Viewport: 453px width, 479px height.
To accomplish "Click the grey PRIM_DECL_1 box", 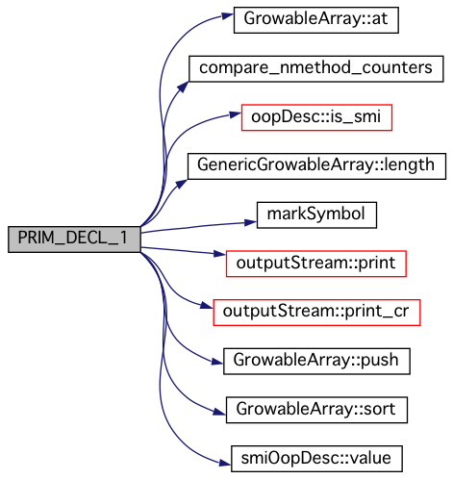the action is pos(74,239).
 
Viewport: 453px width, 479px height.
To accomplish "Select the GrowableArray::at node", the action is pos(316,20).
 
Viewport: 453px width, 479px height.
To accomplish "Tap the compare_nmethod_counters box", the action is pos(316,68).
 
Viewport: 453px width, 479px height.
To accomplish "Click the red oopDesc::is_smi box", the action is pos(316,117).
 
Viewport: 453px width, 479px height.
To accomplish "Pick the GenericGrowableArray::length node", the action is pos(316,166).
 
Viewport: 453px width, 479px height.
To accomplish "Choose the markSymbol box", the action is pos(316,214).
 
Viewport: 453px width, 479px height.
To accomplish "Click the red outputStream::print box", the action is pos(316,264).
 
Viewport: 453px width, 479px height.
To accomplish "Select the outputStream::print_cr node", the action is pos(316,313).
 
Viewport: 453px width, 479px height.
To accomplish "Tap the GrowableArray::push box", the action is pos(316,361).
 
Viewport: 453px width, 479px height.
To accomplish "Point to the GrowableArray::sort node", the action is pos(316,410).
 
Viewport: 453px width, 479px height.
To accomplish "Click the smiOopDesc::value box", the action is pos(316,459).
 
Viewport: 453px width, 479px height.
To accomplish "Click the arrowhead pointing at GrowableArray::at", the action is pos(228,16).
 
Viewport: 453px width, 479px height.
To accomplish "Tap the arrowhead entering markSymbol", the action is pos(251,222).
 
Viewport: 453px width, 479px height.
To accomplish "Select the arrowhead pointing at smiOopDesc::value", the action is pos(225,463).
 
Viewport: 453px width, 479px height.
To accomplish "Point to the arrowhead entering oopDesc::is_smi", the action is pos(236,114).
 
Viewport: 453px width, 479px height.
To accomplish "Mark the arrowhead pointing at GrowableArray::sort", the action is pos(220,412).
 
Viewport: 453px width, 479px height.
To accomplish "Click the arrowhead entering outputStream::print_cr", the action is pos(207,306).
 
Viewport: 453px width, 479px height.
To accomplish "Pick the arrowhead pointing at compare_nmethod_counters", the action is pos(183,87).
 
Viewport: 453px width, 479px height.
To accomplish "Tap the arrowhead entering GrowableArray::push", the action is pos(217,362).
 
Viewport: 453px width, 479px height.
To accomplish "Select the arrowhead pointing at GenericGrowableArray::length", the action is pos(182,184).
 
